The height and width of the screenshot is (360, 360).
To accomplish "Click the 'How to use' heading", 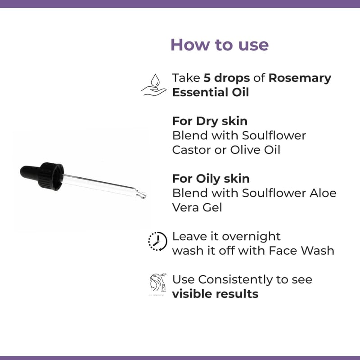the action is click(220, 45).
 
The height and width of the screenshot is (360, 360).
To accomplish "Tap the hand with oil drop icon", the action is click(153, 85).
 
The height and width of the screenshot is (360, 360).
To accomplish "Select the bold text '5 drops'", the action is click(227, 78).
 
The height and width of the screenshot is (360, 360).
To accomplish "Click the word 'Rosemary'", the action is click(300, 78).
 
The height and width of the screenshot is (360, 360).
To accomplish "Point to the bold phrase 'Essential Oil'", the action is click(211, 93).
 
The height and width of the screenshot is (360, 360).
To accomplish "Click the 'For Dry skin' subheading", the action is click(210, 121).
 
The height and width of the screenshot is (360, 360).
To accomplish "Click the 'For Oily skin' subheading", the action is click(211, 179).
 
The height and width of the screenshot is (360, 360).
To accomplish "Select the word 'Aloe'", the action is click(323, 193).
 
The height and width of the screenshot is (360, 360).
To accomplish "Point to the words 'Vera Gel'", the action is click(197, 207).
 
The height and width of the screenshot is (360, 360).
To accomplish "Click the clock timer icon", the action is click(157, 241).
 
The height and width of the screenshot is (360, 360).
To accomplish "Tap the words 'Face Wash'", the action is click(301, 251).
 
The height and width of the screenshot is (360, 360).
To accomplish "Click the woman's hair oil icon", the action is click(158, 283).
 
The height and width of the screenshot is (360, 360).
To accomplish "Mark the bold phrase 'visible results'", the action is click(215, 294).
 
